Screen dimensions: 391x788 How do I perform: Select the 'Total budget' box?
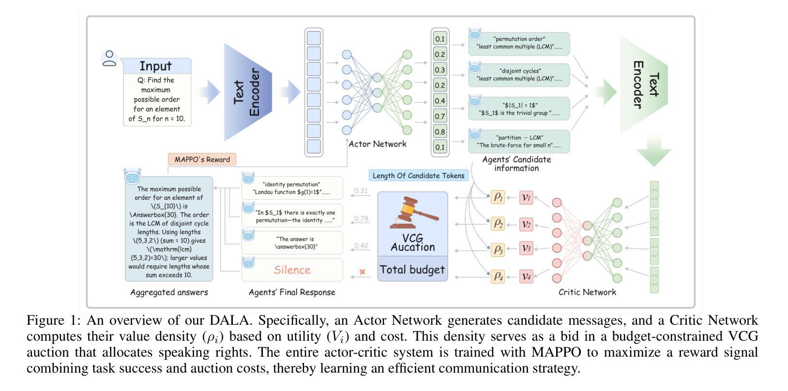click(412, 270)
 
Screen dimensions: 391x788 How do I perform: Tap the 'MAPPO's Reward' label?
click(202, 159)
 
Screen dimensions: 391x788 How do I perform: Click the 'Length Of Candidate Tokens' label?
click(418, 176)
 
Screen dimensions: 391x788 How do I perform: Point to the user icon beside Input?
click(109, 58)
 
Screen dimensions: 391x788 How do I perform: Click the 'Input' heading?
click(156, 66)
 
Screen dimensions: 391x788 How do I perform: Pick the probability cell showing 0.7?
click(440, 116)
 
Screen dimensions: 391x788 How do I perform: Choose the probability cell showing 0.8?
click(440, 132)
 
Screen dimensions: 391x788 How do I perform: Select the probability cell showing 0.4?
click(440, 101)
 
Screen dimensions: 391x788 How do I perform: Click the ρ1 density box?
click(498, 197)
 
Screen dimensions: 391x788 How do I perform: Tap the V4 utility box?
click(526, 277)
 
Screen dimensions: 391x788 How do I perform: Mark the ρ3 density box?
click(498, 250)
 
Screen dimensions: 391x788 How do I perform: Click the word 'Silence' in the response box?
click(292, 270)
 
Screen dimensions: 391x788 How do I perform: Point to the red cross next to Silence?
click(362, 272)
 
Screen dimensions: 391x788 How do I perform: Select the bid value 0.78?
click(361, 219)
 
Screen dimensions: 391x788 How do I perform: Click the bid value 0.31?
click(361, 191)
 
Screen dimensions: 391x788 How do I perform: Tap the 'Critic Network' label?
click(587, 292)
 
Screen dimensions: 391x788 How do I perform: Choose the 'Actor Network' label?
click(378, 144)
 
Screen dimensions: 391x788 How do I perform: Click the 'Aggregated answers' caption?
click(169, 292)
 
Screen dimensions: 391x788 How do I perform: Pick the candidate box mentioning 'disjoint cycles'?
click(519, 75)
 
